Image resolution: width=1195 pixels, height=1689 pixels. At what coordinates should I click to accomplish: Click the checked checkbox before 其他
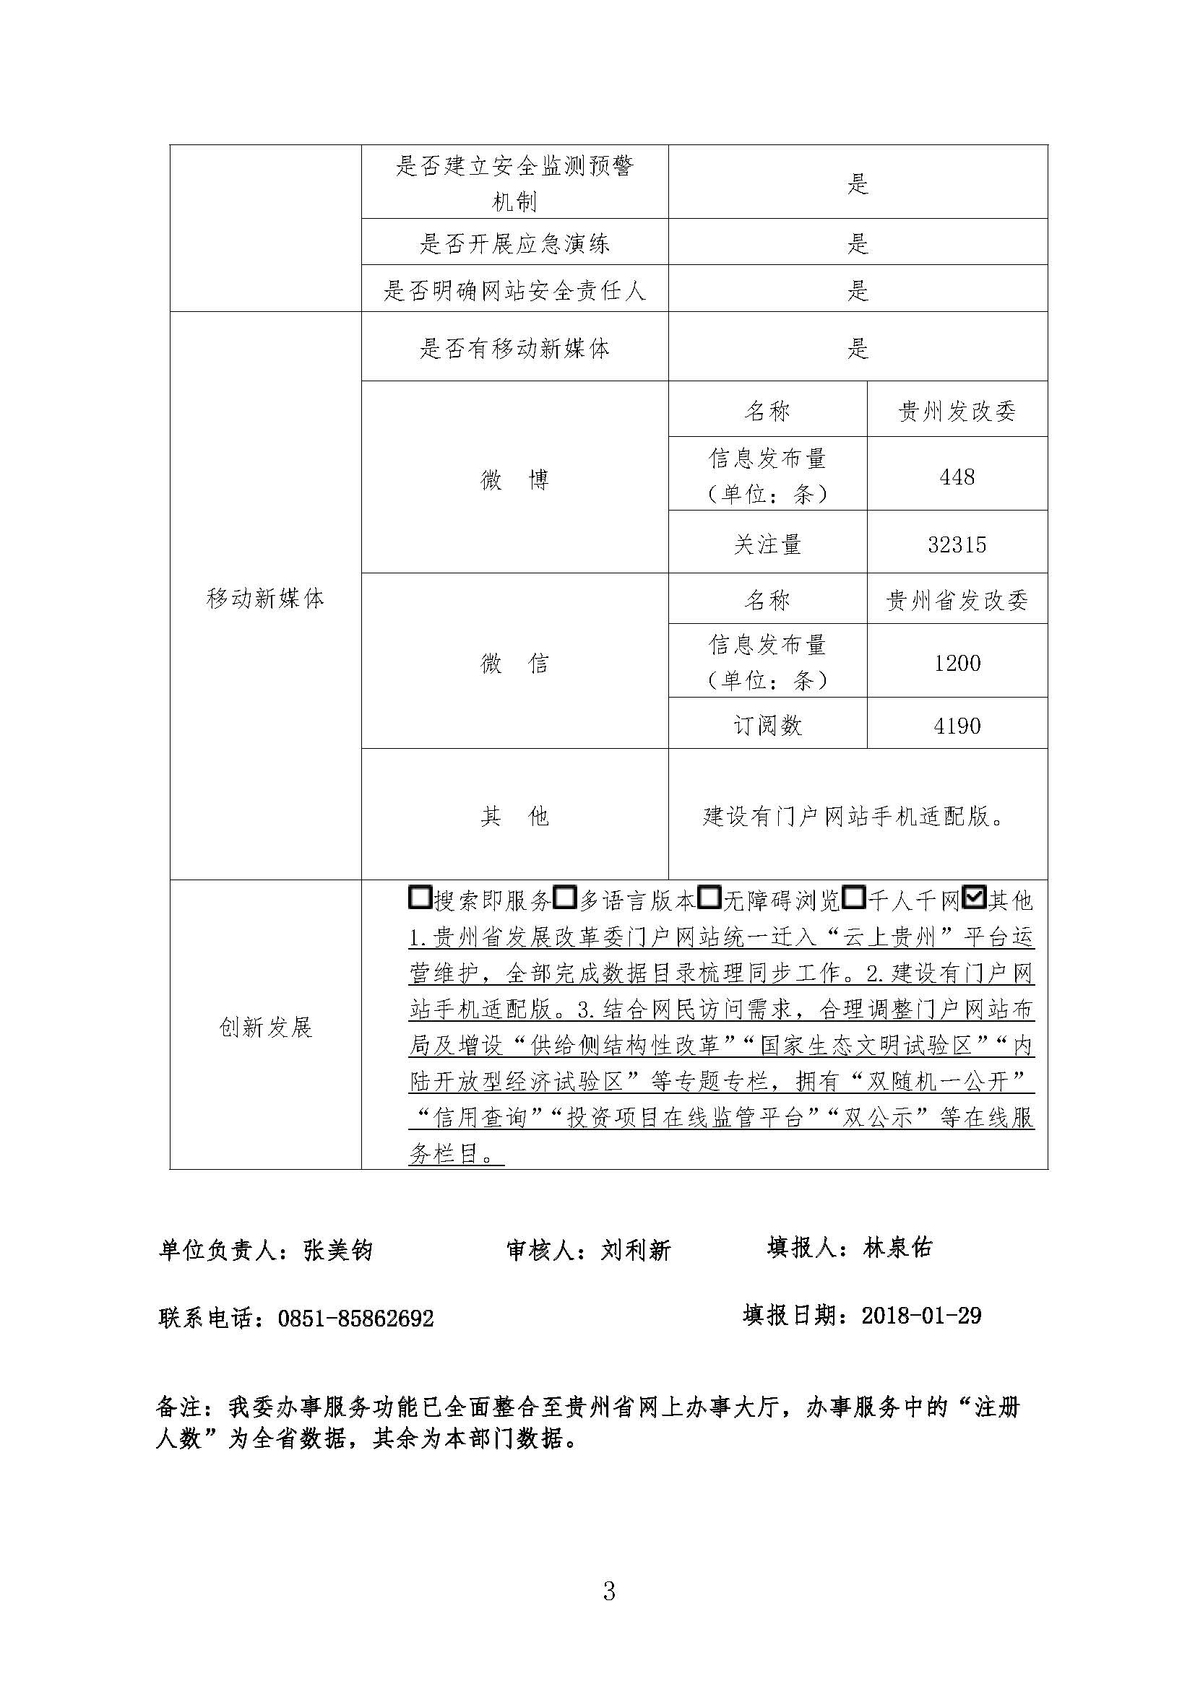pos(974,898)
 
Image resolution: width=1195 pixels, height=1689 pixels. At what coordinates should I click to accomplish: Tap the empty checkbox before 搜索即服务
pos(419,898)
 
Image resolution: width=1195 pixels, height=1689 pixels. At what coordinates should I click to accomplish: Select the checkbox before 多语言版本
pos(564,898)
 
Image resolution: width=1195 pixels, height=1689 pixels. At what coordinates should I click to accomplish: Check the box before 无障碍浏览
pos(709,898)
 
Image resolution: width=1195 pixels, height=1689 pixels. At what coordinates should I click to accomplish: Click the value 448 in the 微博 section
pos(957,477)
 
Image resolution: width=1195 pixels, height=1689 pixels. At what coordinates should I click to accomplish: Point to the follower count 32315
pos(957,544)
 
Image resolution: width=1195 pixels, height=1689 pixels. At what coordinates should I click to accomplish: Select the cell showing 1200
pos(957,663)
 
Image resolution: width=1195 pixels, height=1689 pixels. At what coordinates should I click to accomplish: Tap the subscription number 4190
pos(957,726)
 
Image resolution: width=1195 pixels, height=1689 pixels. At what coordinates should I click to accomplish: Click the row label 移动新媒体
pos(265,599)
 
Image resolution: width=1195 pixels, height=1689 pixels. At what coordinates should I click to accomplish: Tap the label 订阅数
pos(767,726)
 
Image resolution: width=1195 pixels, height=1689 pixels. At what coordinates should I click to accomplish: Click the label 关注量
pos(767,544)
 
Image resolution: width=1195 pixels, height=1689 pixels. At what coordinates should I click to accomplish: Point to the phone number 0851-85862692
pos(355,1318)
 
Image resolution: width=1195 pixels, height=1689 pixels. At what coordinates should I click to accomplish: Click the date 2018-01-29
pos(920,1314)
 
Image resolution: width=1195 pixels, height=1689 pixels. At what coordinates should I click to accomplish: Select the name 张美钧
pos(337,1250)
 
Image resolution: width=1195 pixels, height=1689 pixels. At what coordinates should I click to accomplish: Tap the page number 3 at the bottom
pos(608,1590)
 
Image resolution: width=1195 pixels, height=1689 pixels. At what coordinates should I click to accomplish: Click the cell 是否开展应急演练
pos(514,243)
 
